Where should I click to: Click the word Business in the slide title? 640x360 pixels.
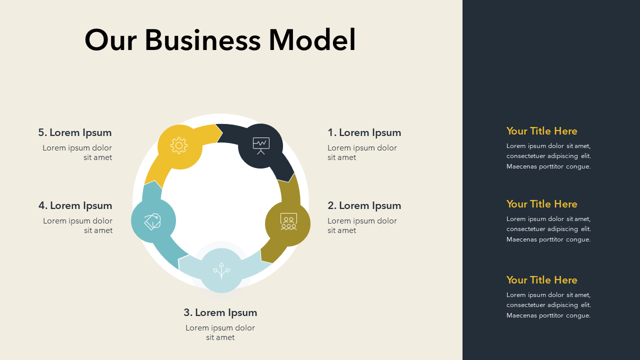pos(202,40)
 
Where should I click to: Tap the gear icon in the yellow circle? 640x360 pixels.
pos(179,145)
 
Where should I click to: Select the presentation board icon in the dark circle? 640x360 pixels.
pos(261,145)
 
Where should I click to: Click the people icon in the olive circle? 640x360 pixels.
pos(288,222)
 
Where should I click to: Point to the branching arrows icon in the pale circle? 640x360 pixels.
pos(221,270)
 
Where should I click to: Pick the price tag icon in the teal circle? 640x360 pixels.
pos(152,221)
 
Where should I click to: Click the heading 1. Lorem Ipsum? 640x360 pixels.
pos(364,132)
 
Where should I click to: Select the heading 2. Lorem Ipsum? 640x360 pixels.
pos(364,205)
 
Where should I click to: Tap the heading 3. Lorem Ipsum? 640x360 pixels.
pos(220,312)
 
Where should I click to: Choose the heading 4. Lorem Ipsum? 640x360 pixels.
pos(75,205)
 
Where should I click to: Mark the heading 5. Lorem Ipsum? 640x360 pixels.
pos(75,132)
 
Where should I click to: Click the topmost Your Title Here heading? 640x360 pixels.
pos(541,131)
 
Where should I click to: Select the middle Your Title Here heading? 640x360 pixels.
pos(541,204)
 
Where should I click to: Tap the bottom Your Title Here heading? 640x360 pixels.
pos(541,280)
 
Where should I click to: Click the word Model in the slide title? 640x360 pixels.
pos(312,40)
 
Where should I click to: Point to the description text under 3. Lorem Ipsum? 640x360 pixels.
pos(220,332)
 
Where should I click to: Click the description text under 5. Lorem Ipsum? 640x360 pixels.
pos(77,152)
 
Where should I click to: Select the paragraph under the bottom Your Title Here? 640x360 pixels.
pos(548,305)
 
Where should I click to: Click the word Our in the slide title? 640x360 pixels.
pos(110,40)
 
